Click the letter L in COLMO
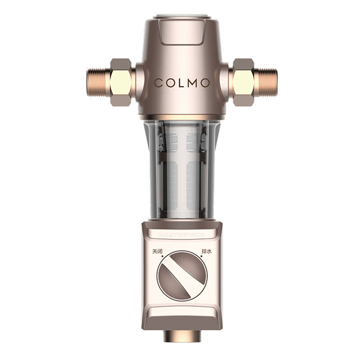click(180, 83)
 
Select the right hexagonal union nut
click(242, 82)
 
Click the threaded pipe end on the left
click(95, 82)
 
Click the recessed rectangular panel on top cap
click(181, 33)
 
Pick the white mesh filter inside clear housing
click(180, 171)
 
